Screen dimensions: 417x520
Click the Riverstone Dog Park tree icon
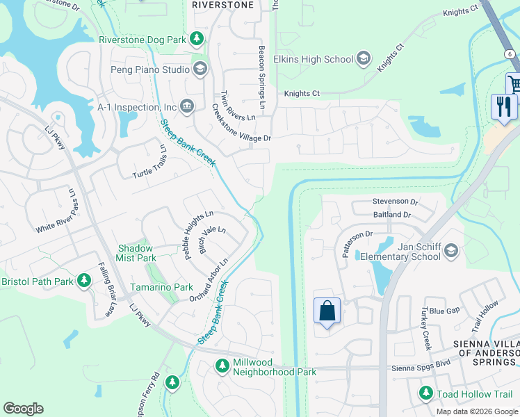[x=197, y=39]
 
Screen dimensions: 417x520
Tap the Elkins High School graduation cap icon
[x=362, y=59]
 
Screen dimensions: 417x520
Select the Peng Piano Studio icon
[x=200, y=68]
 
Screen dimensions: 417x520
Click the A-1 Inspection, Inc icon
[x=186, y=106]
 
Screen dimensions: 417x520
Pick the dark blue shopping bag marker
[x=327, y=310]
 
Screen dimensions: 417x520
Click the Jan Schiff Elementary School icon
[x=450, y=251]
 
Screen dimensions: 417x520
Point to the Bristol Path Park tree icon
[x=84, y=281]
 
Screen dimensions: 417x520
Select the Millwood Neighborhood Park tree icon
[x=222, y=366]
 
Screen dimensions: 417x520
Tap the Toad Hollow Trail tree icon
[x=425, y=394]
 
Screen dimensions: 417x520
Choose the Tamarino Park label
[x=161, y=287]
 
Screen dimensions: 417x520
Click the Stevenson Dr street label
[x=394, y=202]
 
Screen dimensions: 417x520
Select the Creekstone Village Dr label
[x=241, y=123]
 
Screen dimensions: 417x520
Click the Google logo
[x=23, y=409]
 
